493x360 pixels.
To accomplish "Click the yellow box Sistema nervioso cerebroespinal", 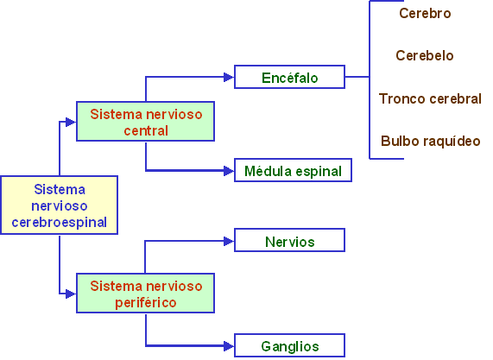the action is (x=59, y=205).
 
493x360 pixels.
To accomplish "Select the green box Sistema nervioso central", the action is (x=145, y=122).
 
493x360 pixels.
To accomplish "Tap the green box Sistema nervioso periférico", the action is (x=145, y=293).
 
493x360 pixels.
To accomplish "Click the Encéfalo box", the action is (x=289, y=77).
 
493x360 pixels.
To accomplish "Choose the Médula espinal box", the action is (x=293, y=170).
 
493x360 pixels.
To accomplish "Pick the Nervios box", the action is (x=289, y=240).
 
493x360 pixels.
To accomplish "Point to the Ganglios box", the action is (x=289, y=345).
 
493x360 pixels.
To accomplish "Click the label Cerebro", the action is (x=425, y=13).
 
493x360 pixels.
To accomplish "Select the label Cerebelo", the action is (x=425, y=55).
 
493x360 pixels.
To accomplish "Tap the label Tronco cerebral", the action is (x=430, y=98).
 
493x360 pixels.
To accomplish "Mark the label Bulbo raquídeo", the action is (x=431, y=142).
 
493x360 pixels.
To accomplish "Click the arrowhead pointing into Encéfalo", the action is (x=229, y=77).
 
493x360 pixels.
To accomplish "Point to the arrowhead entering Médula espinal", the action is (x=229, y=171).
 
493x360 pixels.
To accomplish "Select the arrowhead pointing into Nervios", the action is (x=229, y=241).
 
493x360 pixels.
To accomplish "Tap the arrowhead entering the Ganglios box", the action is (x=229, y=346).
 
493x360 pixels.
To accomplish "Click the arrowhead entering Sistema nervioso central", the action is (x=71, y=122).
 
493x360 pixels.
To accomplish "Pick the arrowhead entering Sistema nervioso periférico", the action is (x=71, y=294).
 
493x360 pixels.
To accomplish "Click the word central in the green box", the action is (x=146, y=131).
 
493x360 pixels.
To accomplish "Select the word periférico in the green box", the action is (x=146, y=303).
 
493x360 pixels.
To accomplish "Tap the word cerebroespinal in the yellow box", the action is (x=59, y=222).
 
